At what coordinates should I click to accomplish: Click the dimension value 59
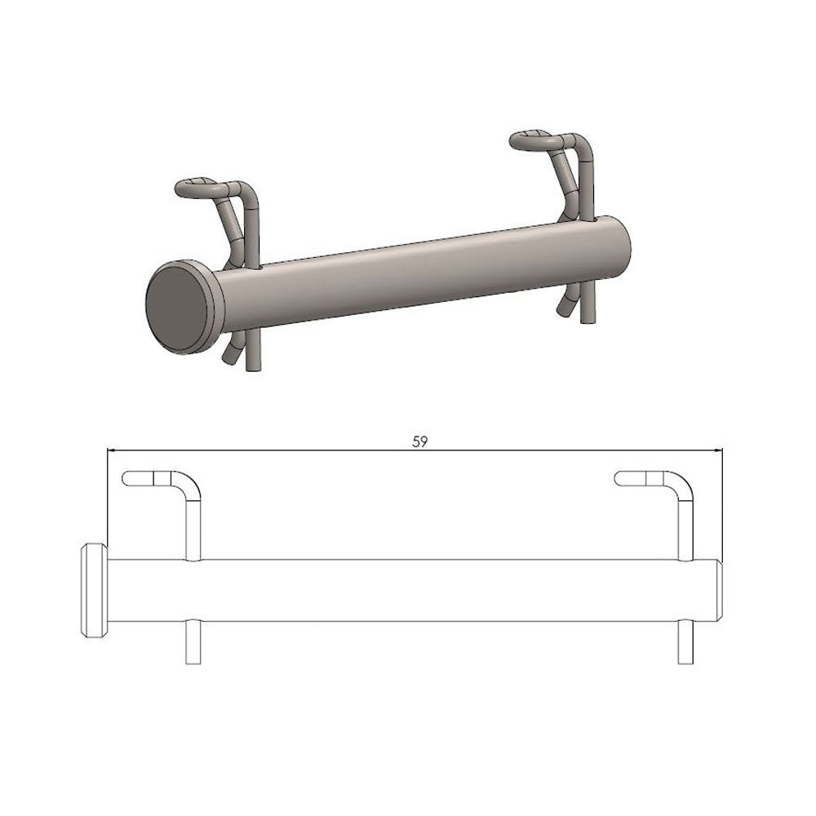pos(420,441)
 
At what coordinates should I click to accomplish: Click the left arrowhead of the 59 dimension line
pos(111,450)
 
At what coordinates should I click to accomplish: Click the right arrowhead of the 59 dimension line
pos(718,450)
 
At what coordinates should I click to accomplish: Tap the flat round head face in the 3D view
pos(177,307)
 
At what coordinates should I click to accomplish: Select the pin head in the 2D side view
pos(94,591)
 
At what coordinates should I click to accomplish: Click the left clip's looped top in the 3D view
pos(197,188)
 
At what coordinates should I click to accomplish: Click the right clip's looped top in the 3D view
pos(533,140)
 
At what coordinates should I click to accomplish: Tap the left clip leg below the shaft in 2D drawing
pos(193,642)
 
